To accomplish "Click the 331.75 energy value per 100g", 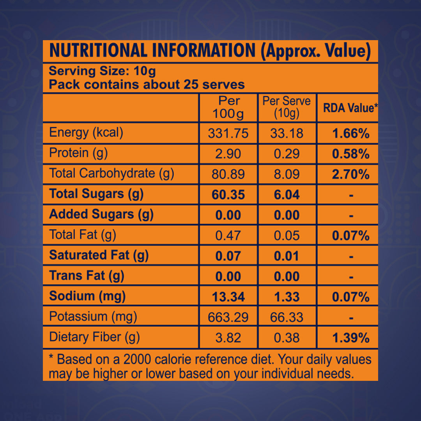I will [x=228, y=133].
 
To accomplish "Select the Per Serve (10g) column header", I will [x=287, y=107].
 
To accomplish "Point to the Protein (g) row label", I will [x=78, y=153].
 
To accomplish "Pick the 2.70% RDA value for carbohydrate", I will [x=350, y=174].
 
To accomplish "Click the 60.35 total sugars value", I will [x=228, y=195].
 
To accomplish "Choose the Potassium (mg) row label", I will [x=93, y=317].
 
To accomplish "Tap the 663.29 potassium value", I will [x=228, y=317].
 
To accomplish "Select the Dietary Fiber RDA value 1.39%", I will [x=350, y=338].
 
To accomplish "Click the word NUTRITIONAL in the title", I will [x=98, y=51].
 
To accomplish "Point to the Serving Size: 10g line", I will [x=102, y=71].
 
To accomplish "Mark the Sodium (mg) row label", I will [x=87, y=296].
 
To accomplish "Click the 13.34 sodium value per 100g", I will [x=228, y=297].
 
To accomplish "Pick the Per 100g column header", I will [x=228, y=107].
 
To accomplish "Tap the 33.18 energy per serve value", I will [x=287, y=133].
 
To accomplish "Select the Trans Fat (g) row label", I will [x=87, y=276].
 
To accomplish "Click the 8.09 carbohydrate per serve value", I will [x=287, y=174].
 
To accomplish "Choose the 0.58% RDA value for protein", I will [x=350, y=154].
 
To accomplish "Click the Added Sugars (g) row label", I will [x=101, y=214].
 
